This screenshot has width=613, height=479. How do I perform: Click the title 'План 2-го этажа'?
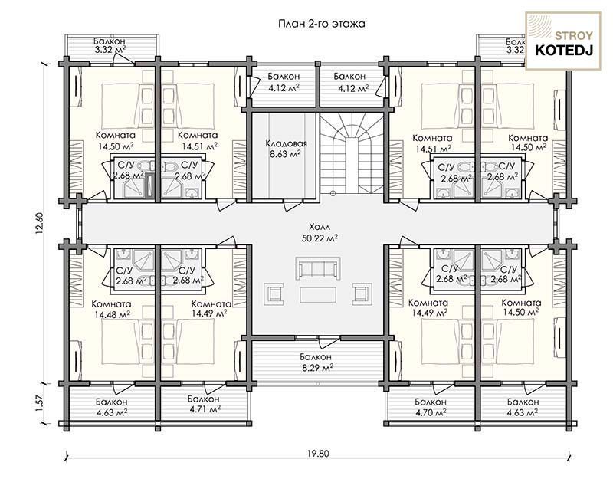point(322,24)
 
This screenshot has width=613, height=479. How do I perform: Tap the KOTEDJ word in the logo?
point(563,50)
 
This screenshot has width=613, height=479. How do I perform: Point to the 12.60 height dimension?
point(39,223)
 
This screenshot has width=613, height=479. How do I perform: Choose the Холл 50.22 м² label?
point(320,232)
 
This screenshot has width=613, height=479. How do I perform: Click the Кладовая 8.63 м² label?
point(286,149)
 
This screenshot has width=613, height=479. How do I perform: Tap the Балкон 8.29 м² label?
point(316,362)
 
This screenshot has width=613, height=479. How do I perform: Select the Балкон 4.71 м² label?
point(204,404)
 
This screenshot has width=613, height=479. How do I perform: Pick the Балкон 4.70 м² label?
point(431,407)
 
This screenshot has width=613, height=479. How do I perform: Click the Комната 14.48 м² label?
point(111,309)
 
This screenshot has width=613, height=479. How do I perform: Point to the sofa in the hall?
point(318,268)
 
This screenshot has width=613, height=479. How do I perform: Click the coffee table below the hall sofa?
point(318,295)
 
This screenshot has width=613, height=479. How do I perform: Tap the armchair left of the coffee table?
point(274,294)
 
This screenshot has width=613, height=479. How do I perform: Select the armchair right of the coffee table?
point(362,294)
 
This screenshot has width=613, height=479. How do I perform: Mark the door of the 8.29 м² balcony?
point(325,342)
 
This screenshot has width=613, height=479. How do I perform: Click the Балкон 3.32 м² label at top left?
point(110,45)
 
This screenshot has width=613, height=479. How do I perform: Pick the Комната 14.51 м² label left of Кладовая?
point(198,140)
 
